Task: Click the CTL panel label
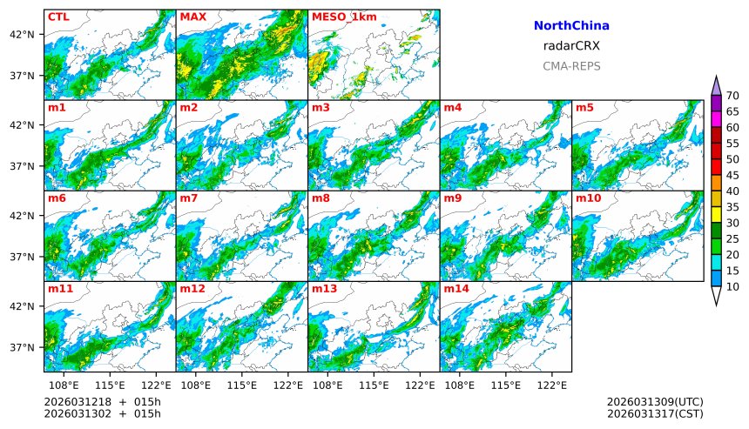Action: click(x=58, y=17)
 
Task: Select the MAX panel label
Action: click(x=192, y=17)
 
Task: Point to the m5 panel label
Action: click(x=584, y=108)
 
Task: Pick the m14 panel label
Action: click(x=455, y=289)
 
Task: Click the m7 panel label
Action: click(x=189, y=198)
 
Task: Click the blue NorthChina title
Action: click(x=571, y=26)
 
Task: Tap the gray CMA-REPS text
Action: click(x=571, y=66)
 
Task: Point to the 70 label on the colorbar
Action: click(x=732, y=96)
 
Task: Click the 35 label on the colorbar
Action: click(x=732, y=207)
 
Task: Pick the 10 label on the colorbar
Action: click(x=732, y=286)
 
